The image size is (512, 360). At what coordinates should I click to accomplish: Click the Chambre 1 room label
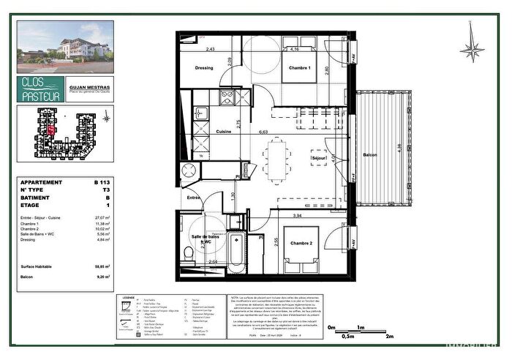tap(298, 68)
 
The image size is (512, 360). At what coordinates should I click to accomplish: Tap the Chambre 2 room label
tap(302, 242)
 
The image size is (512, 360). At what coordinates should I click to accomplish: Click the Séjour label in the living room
tap(318, 157)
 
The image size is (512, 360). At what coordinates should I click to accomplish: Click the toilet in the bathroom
tap(189, 252)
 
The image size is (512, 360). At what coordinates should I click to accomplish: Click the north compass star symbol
tap(472, 49)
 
